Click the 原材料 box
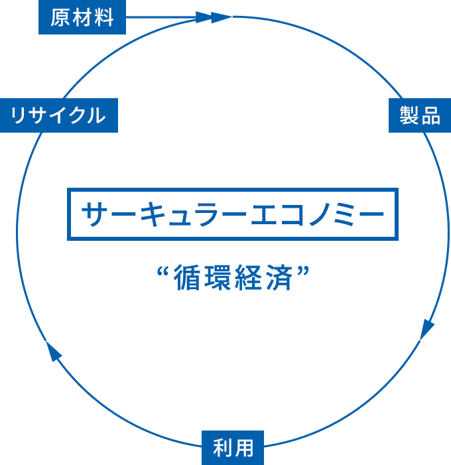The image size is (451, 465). point(82,17)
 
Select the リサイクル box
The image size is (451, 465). point(59,115)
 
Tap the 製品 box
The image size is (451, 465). point(420,115)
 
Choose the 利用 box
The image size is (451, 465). point(233,448)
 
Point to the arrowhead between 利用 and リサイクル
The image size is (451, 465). point(53,351)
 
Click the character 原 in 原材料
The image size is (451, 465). point(60,17)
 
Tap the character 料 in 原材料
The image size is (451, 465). point(103,17)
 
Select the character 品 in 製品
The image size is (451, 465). point(431,115)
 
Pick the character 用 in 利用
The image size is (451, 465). point(243,448)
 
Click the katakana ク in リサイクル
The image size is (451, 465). point(76,115)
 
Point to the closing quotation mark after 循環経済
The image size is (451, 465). point(304,271)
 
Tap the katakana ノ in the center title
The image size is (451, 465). point(319,214)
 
